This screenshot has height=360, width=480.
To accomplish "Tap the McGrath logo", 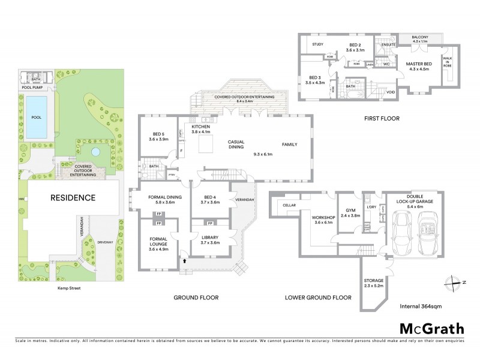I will coord(431,328).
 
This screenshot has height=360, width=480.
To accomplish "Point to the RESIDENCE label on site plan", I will coord(73,197).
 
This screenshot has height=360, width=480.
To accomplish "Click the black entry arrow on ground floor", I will coord(184,262).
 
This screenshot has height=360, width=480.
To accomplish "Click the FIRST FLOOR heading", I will coord(381,119).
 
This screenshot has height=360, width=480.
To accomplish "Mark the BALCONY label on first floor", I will coord(422,37).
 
